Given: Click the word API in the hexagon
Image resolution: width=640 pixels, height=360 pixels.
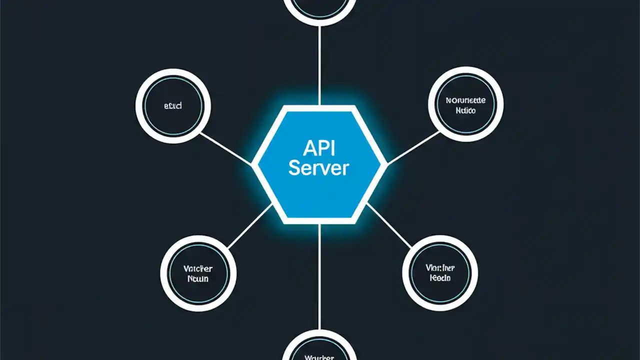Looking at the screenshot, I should pos(318,148).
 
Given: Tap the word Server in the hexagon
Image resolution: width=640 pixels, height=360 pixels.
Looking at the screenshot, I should pos(318,168).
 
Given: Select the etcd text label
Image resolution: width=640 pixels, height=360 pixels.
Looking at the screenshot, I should pos(173,106).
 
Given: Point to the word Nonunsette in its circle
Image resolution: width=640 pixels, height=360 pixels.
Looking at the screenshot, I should pos(465,100).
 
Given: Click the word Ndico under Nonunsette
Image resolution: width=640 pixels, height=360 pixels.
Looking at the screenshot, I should pos(465,110).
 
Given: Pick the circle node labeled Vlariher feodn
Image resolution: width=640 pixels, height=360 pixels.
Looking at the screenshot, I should pos(440,273).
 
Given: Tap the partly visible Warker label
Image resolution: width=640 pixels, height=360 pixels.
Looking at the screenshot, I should pos(318,356).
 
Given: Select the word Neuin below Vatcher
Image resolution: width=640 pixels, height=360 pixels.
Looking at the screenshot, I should pos(198,279).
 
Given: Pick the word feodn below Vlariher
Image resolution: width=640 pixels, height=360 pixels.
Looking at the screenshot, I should pos(440,278).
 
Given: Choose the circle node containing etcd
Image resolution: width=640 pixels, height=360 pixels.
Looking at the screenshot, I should pos(173,106).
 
